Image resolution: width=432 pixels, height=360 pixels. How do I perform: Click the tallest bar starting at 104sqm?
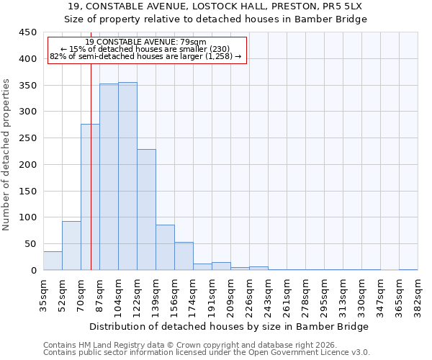127,176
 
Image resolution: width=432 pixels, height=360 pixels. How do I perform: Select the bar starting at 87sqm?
109,177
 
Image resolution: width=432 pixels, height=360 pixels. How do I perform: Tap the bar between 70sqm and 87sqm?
90,197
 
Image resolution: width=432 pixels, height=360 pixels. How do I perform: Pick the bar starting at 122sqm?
146,210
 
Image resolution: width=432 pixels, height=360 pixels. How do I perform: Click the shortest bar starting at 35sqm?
53,261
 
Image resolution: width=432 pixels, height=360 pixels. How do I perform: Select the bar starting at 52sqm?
71,246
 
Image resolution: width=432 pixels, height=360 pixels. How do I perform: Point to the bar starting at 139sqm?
165,248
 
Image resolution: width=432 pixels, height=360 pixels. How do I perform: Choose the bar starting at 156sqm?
184,256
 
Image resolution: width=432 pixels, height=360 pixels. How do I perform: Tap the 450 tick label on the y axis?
27,32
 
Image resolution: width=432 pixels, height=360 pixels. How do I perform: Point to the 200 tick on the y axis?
27,165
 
